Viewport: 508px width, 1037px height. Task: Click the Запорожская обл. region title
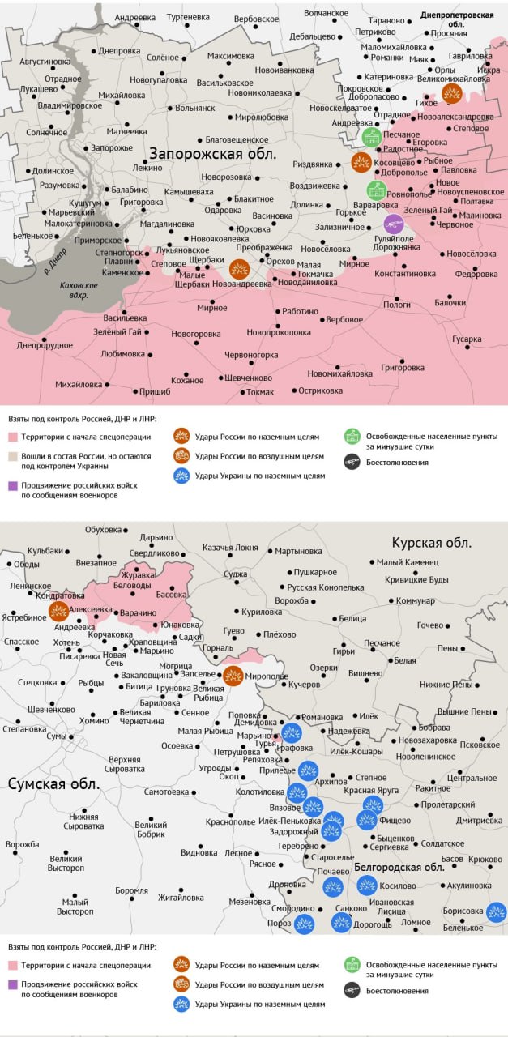tap(211, 153)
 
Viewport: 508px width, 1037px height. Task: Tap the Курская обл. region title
tap(431, 543)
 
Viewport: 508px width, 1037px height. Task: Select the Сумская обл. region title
tap(54, 784)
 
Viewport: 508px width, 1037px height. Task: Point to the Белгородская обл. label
tap(399, 867)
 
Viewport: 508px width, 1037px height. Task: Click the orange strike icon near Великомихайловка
tap(452, 93)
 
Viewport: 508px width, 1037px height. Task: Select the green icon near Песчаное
tap(372, 136)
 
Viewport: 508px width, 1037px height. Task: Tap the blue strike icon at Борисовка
tap(496, 911)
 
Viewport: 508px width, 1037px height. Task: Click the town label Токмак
tap(260, 393)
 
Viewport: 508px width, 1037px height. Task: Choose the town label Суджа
tap(236, 574)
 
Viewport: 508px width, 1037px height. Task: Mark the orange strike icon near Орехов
tap(239, 269)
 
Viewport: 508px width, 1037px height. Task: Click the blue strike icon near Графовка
tap(291, 733)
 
